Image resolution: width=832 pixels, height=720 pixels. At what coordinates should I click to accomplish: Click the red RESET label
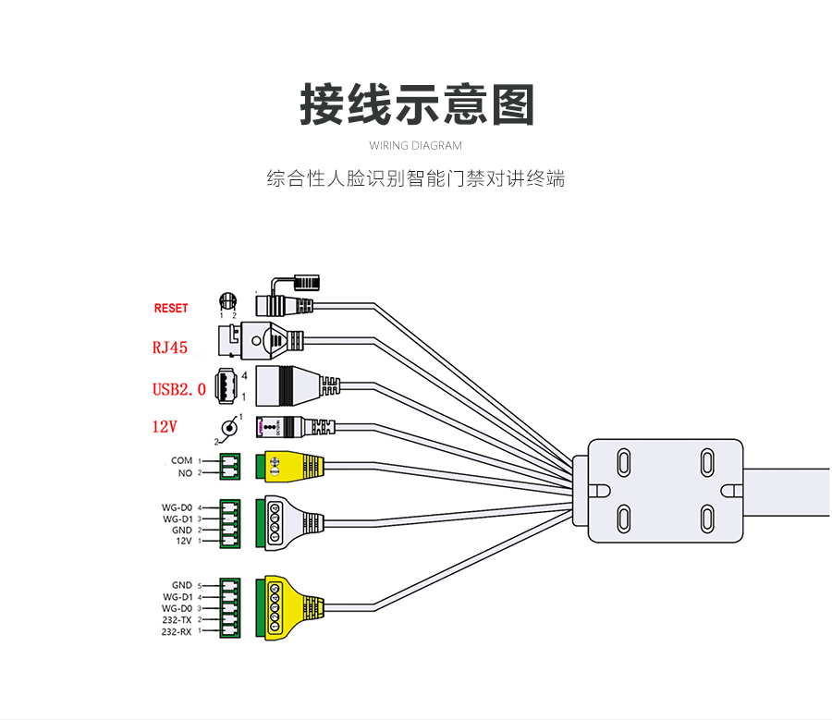(171, 308)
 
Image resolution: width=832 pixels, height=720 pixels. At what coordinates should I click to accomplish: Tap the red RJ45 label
(170, 348)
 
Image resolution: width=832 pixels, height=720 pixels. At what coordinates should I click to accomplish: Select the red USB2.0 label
(179, 389)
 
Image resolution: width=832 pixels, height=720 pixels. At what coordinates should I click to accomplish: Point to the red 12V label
(165, 427)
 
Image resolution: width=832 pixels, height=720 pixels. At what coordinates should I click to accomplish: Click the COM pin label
(181, 460)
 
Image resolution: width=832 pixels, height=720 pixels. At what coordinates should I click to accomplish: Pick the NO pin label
(185, 473)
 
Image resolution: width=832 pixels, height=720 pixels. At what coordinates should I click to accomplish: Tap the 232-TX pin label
(177, 620)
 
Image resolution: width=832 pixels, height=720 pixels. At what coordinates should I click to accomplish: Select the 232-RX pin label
(177, 632)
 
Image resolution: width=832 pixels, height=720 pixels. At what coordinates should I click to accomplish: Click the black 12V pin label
(183, 542)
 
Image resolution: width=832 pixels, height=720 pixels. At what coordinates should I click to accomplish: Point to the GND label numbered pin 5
(181, 585)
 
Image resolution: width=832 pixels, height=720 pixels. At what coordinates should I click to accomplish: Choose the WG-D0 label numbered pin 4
(177, 507)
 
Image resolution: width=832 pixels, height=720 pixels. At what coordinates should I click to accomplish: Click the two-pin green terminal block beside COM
(229, 466)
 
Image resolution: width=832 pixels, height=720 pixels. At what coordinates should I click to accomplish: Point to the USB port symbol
(226, 384)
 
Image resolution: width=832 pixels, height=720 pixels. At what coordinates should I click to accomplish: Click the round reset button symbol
(227, 301)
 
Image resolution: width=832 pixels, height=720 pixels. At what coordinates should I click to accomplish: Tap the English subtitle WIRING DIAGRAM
(415, 145)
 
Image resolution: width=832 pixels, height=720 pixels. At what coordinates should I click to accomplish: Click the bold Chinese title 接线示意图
(417, 104)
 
